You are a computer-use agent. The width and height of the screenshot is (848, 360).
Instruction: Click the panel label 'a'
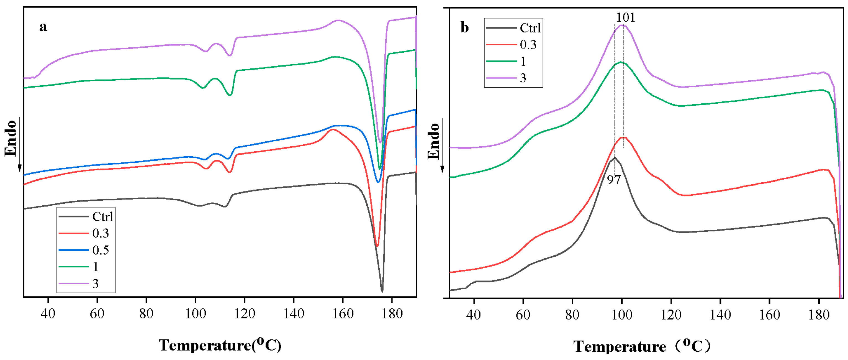(43, 27)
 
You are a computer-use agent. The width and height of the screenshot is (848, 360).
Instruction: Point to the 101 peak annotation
(625, 17)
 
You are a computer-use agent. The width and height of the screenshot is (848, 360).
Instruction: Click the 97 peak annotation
(614, 180)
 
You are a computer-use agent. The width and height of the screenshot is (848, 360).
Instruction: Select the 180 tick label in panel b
(819, 315)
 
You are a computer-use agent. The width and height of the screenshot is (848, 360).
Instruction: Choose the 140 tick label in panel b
(720, 315)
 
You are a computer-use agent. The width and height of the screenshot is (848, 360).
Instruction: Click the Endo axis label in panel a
(11, 138)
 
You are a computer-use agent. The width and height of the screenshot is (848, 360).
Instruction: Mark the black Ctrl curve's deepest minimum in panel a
(382, 291)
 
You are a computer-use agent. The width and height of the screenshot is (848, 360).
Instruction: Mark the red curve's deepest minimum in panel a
(377, 246)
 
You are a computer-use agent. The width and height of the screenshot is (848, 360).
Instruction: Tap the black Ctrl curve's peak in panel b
(614, 157)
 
